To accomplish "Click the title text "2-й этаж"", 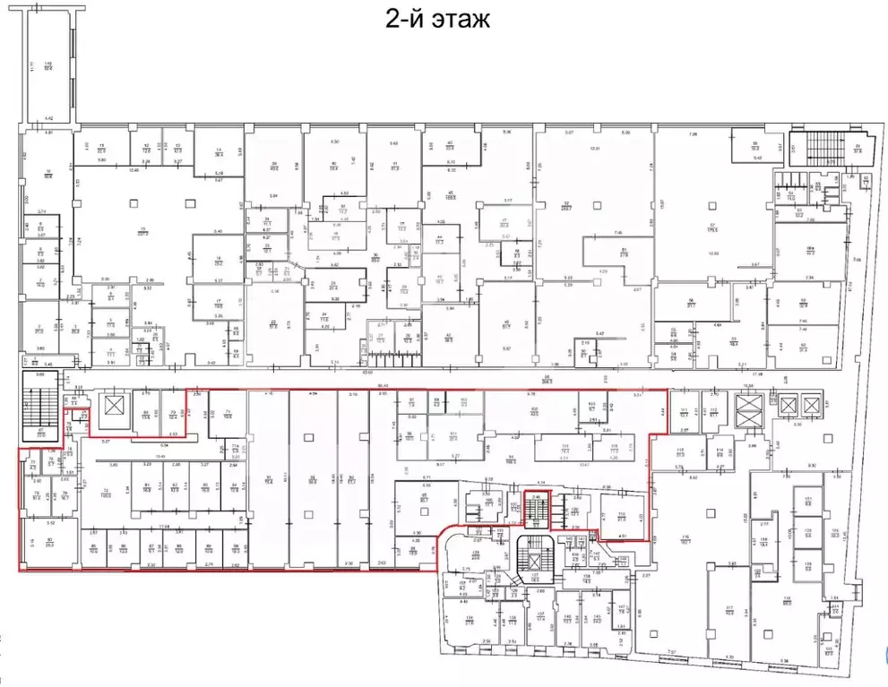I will coord(438,20).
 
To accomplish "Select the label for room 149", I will coord(49,64).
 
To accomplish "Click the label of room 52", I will coord(566,205).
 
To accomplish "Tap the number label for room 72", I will coord(104,492).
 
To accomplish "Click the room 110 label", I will coord(620,515).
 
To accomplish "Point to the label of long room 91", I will coord(269,479).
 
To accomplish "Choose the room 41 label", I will coord(395,165).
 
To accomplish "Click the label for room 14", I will coord(218,152).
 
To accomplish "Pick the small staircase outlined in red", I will coord(535,511).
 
